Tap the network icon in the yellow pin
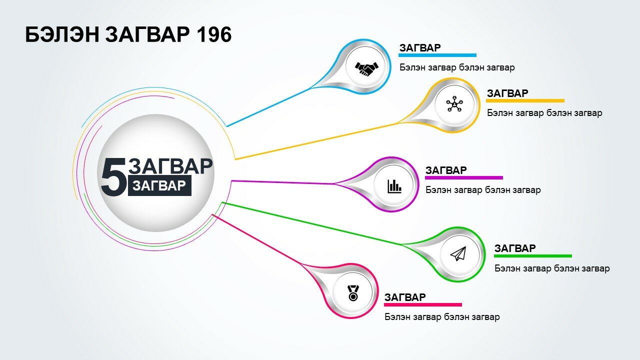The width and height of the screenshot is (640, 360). click(x=454, y=104)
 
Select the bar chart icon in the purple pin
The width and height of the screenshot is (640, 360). click(x=394, y=186)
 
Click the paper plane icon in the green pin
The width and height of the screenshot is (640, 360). click(x=458, y=253)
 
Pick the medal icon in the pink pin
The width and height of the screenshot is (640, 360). click(x=353, y=293)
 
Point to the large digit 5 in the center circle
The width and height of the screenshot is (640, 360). click(x=113, y=177)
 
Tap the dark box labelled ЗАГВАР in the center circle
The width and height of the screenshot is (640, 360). click(x=159, y=185)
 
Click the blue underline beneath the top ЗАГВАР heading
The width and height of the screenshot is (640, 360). click(x=437, y=55)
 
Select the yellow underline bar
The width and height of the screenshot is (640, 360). click(x=525, y=100)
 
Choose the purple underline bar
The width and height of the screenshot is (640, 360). click(x=464, y=177)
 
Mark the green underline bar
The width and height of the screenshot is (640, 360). click(x=533, y=256)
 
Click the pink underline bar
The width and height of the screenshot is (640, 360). click(x=423, y=305)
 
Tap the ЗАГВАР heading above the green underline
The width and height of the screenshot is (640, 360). click(x=515, y=248)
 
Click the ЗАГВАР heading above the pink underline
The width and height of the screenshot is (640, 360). click(x=405, y=297)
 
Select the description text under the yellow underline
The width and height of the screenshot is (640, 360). click(x=544, y=113)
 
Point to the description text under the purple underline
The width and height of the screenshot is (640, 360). click(x=483, y=190)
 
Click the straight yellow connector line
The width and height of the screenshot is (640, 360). click(x=316, y=141)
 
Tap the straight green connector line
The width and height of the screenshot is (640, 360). click(x=311, y=223)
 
